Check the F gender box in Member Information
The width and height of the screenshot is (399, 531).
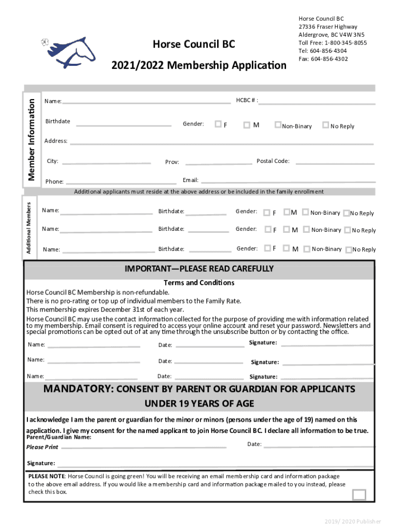pyautogui.click(x=218, y=124)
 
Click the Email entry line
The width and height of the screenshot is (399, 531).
pyautogui.click(x=288, y=181)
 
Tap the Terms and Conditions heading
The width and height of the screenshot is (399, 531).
pyautogui.click(x=199, y=283)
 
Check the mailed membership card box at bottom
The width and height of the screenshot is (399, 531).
pyautogui.click(x=359, y=495)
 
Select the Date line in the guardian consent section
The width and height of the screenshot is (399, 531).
pyautogui.click(x=318, y=445)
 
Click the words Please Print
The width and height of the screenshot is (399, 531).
pyautogui.click(x=42, y=447)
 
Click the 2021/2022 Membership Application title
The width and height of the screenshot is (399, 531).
pyautogui.click(x=198, y=66)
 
